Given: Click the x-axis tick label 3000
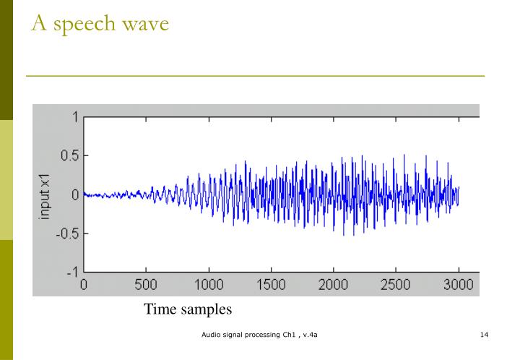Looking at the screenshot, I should click(458, 285).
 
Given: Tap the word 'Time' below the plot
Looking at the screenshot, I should click(160, 309).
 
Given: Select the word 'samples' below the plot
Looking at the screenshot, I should click(206, 309).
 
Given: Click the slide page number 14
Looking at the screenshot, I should click(485, 335).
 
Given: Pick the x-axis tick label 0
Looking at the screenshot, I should click(84, 285).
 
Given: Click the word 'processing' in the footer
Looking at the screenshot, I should click(264, 335).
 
